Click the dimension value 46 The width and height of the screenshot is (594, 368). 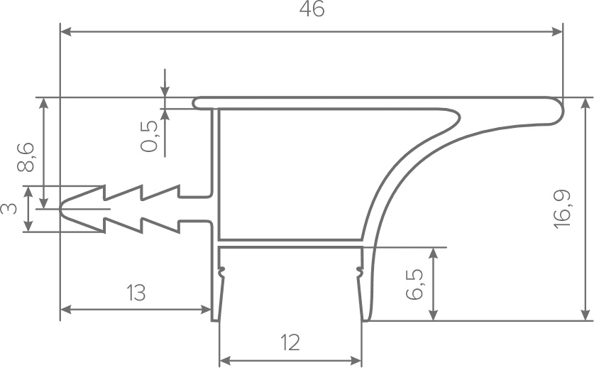tap(312, 11)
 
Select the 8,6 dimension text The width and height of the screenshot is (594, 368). tap(25, 157)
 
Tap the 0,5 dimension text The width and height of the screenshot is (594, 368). tap(150, 136)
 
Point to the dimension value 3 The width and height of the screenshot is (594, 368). tap(9, 209)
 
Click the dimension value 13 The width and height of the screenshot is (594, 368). tap(136, 292)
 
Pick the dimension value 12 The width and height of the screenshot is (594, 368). tap(290, 343)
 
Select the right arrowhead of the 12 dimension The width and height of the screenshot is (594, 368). tap(358, 360)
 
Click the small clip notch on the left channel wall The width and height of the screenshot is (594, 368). tap(221, 270)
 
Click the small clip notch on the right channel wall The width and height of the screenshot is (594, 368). tap(360, 270)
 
